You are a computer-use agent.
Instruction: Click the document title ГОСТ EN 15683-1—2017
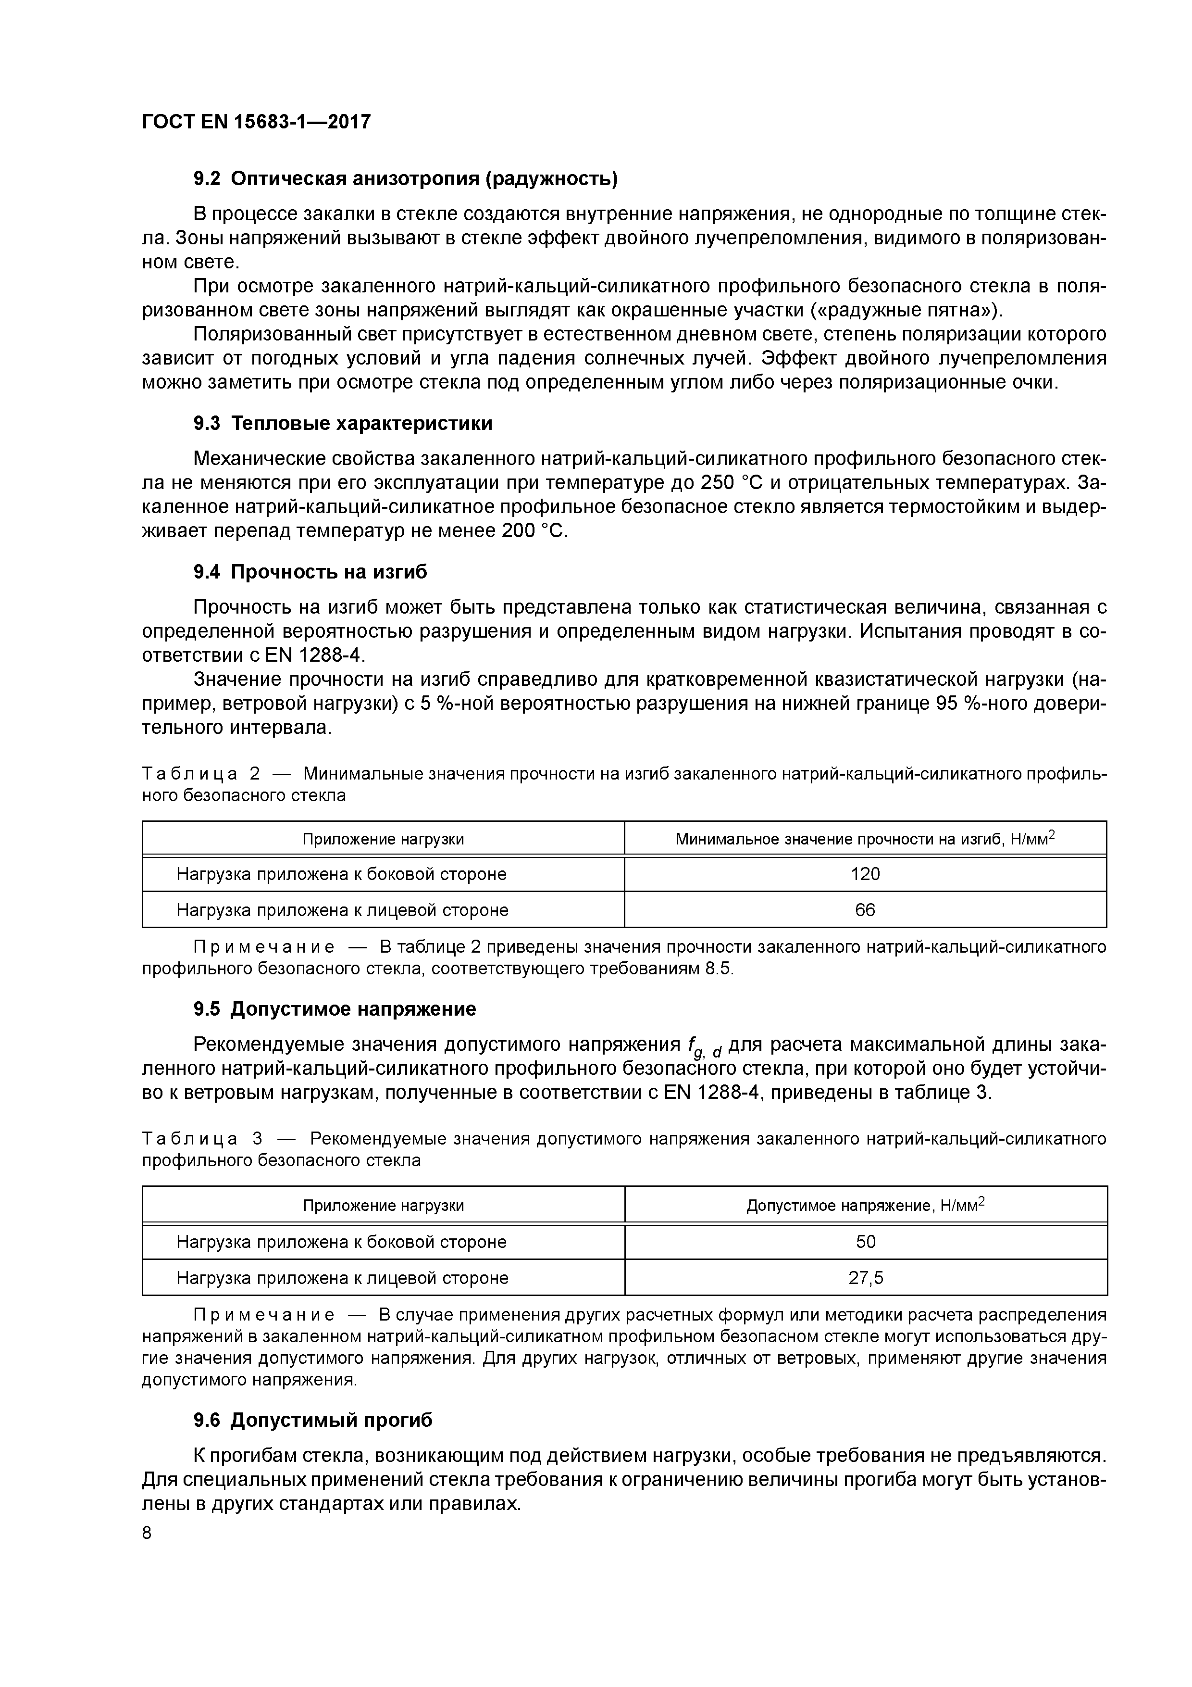pyautogui.click(x=256, y=121)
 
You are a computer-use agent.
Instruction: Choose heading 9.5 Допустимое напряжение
pyautogui.click(x=334, y=1009)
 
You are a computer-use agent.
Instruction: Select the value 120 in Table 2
pyautogui.click(x=865, y=874)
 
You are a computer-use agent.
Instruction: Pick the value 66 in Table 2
pyautogui.click(x=865, y=910)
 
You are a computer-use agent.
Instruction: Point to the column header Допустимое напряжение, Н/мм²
pyautogui.click(x=865, y=1206)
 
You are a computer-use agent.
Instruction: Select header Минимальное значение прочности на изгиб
pyautogui.click(x=865, y=838)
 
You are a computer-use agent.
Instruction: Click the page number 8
pyautogui.click(x=147, y=1533)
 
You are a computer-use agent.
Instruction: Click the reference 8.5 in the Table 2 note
pyautogui.click(x=718, y=969)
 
